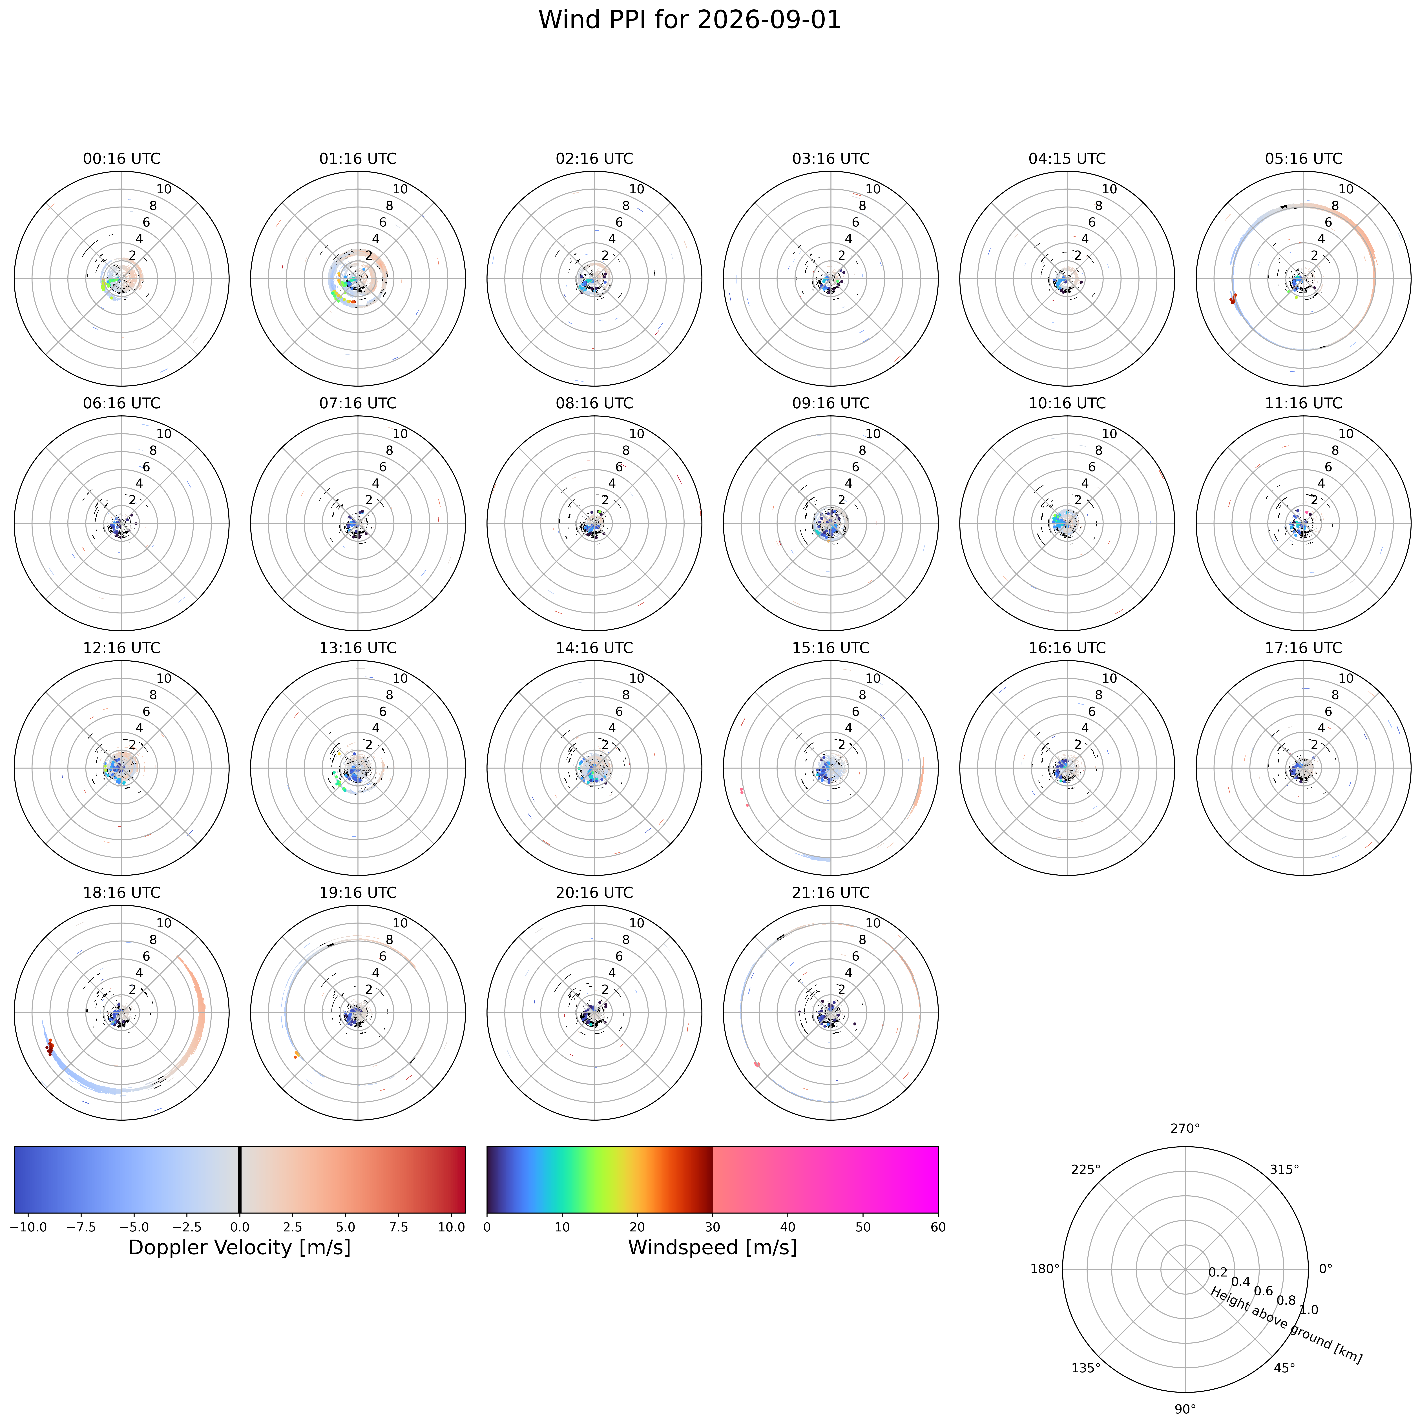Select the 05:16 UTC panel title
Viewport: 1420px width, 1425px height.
(1303, 159)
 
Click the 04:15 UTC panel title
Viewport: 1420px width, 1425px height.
(1067, 159)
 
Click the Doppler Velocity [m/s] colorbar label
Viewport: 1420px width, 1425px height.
(240, 1247)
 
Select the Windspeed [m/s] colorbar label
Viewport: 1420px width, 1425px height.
(713, 1247)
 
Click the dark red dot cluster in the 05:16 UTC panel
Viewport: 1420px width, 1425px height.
(1233, 298)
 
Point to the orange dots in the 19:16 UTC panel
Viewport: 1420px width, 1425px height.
(296, 1055)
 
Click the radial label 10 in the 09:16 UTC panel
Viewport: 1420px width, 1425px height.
(873, 434)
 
